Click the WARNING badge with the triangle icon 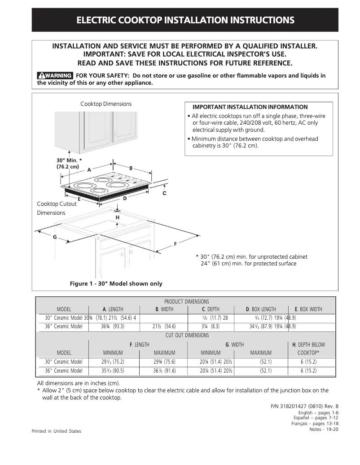pyautogui.click(x=55, y=75)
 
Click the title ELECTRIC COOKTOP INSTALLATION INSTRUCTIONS pyautogui.click(x=185, y=20)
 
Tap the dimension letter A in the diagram pyautogui.click(x=89, y=170)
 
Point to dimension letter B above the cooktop pyautogui.click(x=131, y=168)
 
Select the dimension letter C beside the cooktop pyautogui.click(x=164, y=193)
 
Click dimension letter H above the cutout pyautogui.click(x=118, y=217)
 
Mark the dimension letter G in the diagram pyautogui.click(x=55, y=236)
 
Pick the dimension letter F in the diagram pyautogui.click(x=175, y=243)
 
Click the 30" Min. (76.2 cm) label pyautogui.click(x=68, y=164)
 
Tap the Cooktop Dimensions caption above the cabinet pyautogui.click(x=106, y=104)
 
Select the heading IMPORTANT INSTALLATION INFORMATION pyautogui.click(x=250, y=107)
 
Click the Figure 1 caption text pyautogui.click(x=116, y=284)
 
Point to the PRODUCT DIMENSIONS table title pyautogui.click(x=186, y=302)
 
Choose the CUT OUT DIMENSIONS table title pyautogui.click(x=186, y=335)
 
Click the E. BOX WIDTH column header pyautogui.click(x=308, y=309)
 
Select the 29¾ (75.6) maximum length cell pyautogui.click(x=164, y=362)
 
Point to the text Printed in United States pyautogui.click(x=57, y=431)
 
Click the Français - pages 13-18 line pyautogui.click(x=315, y=423)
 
